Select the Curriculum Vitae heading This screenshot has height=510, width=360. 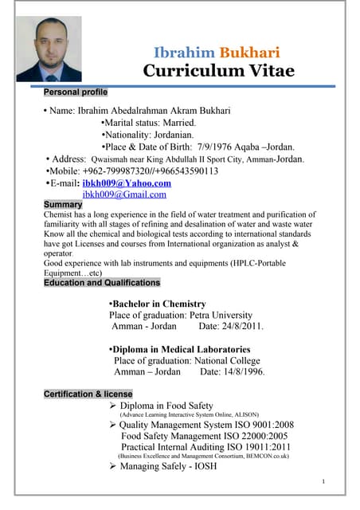[x=218, y=71]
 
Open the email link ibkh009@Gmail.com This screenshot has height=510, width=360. [x=124, y=194]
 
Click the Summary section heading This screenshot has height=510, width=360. [x=62, y=205]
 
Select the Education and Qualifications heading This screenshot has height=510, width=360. [x=102, y=283]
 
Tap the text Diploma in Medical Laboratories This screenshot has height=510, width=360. [x=181, y=349]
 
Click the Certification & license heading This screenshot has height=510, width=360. [x=88, y=394]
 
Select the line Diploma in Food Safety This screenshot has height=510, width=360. [x=166, y=406]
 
